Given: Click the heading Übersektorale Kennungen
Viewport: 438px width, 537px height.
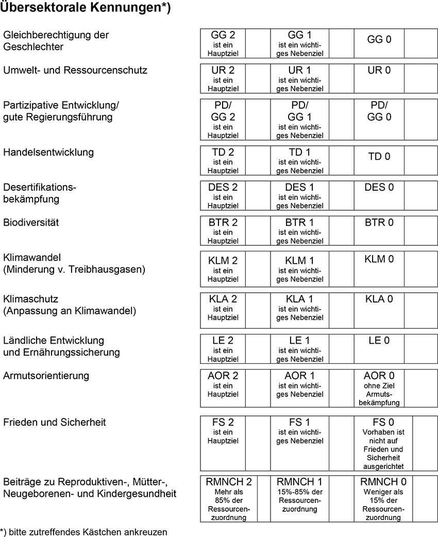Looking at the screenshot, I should [86, 8].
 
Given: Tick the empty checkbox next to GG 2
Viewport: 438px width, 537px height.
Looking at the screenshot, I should [258, 43].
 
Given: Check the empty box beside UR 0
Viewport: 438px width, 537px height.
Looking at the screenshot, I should [420, 78].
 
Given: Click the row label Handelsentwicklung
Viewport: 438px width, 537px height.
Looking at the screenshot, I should [48, 153].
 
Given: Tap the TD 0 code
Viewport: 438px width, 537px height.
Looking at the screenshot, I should [379, 157].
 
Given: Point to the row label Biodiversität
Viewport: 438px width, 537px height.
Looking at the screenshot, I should [31, 223].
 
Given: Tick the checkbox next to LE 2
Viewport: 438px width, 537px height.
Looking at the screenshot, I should [258, 349].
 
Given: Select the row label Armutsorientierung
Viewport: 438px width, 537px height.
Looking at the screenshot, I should [46, 376].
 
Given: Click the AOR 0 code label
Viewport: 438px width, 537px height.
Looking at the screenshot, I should [379, 376].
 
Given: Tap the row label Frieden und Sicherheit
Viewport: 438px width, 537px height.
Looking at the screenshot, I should [54, 423].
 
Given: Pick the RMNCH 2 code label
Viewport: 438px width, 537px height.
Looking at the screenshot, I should [228, 482].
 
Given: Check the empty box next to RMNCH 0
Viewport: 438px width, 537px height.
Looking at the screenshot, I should [425, 499].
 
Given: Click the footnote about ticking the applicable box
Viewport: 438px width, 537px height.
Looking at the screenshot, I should [84, 531].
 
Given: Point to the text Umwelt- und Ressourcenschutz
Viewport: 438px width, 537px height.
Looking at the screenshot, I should [75, 70].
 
